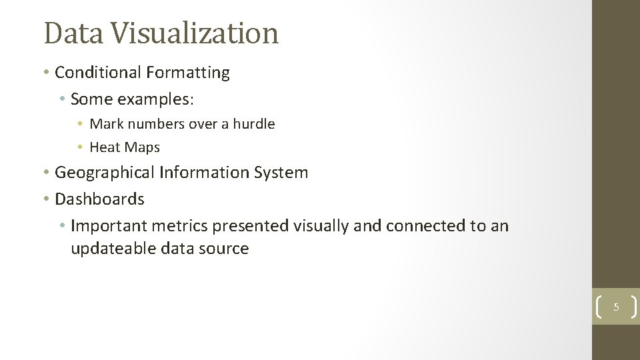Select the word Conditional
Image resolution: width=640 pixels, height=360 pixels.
click(x=98, y=73)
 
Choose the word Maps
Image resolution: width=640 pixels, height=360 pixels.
click(x=144, y=147)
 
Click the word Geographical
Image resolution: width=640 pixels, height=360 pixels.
click(x=105, y=173)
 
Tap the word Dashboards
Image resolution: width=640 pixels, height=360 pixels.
click(x=99, y=199)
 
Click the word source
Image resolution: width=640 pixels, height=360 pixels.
click(x=225, y=249)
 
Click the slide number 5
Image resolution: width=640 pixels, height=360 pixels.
click(x=616, y=307)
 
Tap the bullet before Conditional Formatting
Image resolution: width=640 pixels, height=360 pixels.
click(x=47, y=73)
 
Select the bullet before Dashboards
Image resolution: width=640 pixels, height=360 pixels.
click(x=47, y=199)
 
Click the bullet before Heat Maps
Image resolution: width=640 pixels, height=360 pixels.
click(x=79, y=147)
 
